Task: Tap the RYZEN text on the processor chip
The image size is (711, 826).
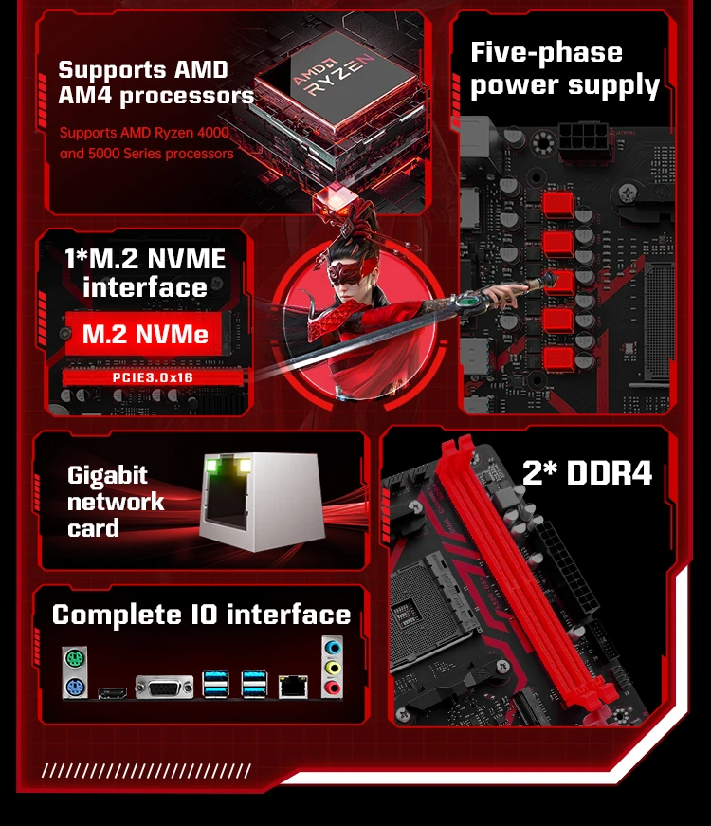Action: (340, 77)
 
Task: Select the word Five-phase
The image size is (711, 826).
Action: (546, 53)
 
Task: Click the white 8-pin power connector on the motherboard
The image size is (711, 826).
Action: (584, 139)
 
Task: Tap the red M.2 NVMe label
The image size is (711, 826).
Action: (145, 334)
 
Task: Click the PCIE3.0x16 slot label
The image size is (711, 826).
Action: (153, 377)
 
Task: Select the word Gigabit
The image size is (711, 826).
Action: (107, 476)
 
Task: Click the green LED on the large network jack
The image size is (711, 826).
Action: (212, 465)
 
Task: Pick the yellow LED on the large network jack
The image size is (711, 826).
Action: (245, 465)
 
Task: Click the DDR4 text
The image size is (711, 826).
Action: (610, 472)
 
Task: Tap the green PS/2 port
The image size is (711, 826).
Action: (74, 658)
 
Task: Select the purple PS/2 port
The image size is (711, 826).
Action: (74, 687)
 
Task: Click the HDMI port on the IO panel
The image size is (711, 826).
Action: (113, 692)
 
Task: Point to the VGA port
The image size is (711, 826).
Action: (164, 687)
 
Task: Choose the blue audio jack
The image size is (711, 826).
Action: (333, 647)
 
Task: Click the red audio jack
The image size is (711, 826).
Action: (333, 687)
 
